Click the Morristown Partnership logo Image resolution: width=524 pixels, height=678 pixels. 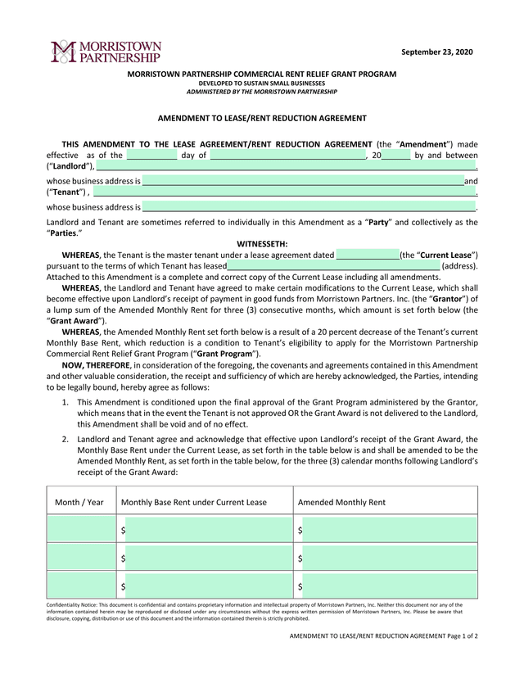(x=106, y=52)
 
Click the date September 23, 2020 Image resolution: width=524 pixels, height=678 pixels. (x=436, y=52)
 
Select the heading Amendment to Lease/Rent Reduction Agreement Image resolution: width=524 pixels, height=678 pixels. (x=262, y=118)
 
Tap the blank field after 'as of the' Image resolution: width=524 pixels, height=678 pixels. (x=151, y=155)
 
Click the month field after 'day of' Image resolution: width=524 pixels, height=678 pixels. (x=287, y=155)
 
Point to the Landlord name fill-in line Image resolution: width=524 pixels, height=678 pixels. (x=286, y=166)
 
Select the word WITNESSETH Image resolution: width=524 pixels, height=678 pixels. (x=262, y=243)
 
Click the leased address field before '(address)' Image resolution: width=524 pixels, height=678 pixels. (x=333, y=266)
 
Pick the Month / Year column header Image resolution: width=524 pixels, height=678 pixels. (x=79, y=502)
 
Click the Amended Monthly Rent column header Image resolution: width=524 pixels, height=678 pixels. (x=342, y=502)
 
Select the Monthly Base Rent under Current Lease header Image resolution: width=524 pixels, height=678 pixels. (x=194, y=502)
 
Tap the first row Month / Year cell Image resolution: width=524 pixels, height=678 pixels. (x=81, y=530)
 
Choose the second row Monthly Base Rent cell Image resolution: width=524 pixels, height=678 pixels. (x=208, y=558)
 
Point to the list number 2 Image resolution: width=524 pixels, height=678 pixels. (x=65, y=440)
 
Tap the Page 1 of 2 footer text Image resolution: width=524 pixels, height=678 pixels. (x=458, y=635)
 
